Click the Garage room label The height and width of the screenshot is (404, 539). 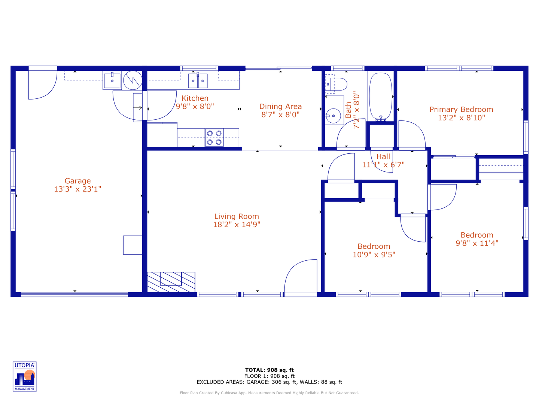pos(77,181)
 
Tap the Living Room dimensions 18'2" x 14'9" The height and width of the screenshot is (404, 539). pos(237,224)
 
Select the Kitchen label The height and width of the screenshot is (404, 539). pos(195,98)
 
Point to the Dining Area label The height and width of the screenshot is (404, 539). pos(280,107)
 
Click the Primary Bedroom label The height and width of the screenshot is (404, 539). pos(461,110)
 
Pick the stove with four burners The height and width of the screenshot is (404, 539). pos(214,137)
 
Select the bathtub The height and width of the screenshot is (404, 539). pos(381,96)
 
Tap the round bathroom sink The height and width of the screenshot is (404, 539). pos(333,116)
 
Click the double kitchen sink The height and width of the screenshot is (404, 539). pos(198,80)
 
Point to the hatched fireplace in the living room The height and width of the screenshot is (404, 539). pos(171,282)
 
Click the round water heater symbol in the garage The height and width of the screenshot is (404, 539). pos(133,80)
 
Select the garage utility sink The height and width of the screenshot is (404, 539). pos(112,80)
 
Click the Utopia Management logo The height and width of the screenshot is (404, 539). pos(25,376)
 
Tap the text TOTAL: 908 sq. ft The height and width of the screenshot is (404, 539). pos(269,370)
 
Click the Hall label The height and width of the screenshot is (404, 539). pos(383,157)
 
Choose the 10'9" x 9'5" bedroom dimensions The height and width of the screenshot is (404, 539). pos(374,255)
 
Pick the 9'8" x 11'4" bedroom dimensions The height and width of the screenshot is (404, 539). pos(477,243)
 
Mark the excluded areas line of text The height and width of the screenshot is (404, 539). pos(269,382)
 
